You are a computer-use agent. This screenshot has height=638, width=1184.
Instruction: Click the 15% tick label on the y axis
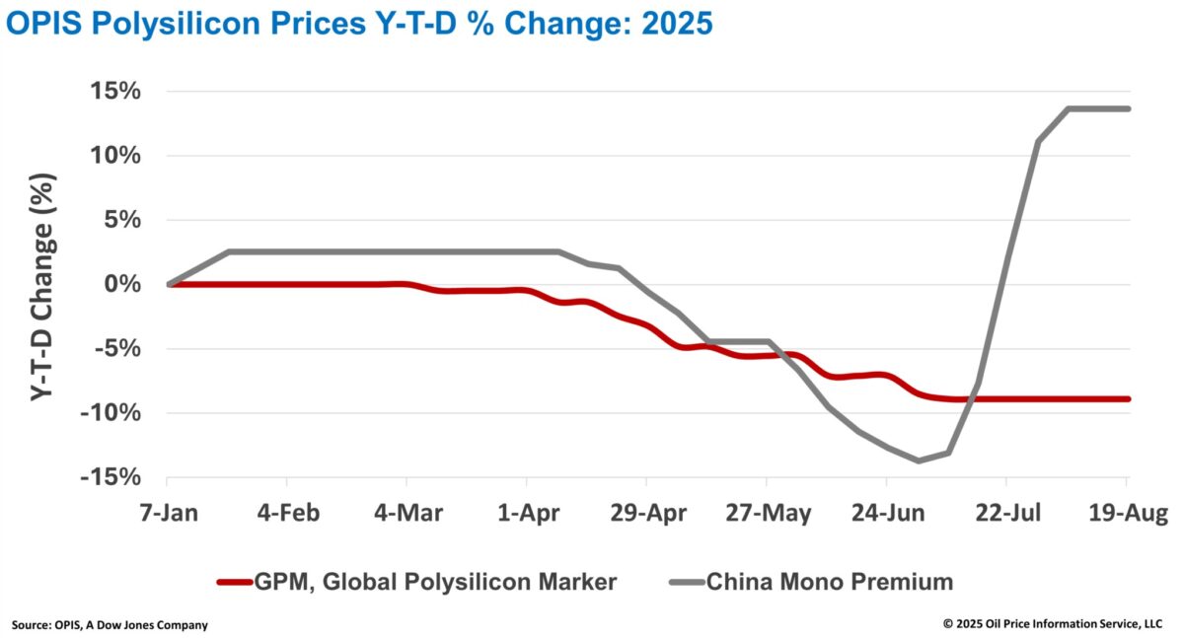click(115, 91)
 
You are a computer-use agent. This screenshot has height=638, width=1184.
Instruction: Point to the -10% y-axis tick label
click(111, 412)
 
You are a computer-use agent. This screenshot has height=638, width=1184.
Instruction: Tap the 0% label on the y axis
click(122, 284)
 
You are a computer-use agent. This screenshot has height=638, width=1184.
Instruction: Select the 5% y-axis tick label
click(122, 219)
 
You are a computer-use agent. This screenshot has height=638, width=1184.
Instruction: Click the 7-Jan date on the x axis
click(169, 513)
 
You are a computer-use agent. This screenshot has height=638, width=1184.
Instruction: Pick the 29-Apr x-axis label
click(648, 513)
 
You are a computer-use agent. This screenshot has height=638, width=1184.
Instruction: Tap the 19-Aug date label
click(1128, 513)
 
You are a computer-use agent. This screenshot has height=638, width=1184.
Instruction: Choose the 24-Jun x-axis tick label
click(888, 513)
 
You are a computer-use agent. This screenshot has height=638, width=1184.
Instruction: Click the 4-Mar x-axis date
click(408, 513)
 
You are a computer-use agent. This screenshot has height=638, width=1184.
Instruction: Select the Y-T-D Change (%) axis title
click(41, 287)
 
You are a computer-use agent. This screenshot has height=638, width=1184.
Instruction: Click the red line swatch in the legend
click(234, 582)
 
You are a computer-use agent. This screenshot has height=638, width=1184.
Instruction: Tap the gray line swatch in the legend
click(687, 582)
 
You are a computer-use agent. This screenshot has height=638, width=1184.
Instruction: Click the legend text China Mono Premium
click(830, 582)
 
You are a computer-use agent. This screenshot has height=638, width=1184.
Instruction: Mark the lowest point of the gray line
click(919, 461)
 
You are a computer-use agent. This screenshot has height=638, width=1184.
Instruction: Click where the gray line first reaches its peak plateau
click(1069, 108)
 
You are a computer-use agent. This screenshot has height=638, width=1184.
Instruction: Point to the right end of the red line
click(1128, 398)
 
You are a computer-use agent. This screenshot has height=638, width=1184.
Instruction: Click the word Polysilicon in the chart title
click(176, 25)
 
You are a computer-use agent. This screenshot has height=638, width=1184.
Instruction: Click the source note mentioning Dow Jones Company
click(110, 625)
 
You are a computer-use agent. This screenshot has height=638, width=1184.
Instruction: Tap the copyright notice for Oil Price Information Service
click(1053, 624)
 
